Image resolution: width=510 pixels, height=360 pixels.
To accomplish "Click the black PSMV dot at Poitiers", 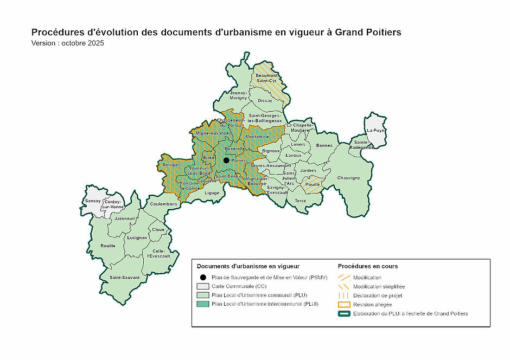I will pyautogui.click(x=226, y=160).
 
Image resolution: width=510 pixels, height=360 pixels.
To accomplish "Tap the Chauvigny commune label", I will pyautogui.click(x=348, y=178).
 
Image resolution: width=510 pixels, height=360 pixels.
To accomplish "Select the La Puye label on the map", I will pyautogui.click(x=375, y=131).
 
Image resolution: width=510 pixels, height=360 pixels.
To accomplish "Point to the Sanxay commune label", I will pyautogui.click(x=93, y=201).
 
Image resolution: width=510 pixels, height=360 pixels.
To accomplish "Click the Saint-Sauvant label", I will pyautogui.click(x=125, y=278).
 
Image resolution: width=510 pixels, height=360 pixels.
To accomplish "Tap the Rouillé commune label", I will pyautogui.click(x=108, y=246).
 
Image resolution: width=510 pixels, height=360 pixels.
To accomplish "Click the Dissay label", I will pyautogui.click(x=265, y=101).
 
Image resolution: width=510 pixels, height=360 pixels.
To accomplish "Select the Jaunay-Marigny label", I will pyautogui.click(x=238, y=95).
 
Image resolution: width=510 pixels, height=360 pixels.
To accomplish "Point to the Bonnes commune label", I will pyautogui.click(x=324, y=145).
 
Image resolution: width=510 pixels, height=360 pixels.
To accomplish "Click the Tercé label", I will pyautogui.click(x=300, y=201).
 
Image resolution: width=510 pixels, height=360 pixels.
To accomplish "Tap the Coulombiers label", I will pyautogui.click(x=164, y=204).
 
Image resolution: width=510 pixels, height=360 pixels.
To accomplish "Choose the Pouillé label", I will pyautogui.click(x=313, y=184).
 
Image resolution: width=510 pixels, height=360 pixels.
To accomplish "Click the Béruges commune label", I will pyautogui.click(x=171, y=164).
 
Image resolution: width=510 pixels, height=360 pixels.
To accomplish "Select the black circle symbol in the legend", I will pyautogui.click(x=202, y=277).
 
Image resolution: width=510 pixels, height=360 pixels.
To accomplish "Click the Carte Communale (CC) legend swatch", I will pyautogui.click(x=202, y=286).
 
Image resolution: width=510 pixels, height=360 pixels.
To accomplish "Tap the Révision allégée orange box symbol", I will pyautogui.click(x=343, y=305).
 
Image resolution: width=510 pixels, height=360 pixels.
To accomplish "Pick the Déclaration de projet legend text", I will pyautogui.click(x=378, y=295).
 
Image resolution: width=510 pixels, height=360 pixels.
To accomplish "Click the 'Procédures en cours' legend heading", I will pyautogui.click(x=367, y=266).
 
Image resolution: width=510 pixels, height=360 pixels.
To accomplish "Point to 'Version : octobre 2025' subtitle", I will pyautogui.click(x=67, y=43).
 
